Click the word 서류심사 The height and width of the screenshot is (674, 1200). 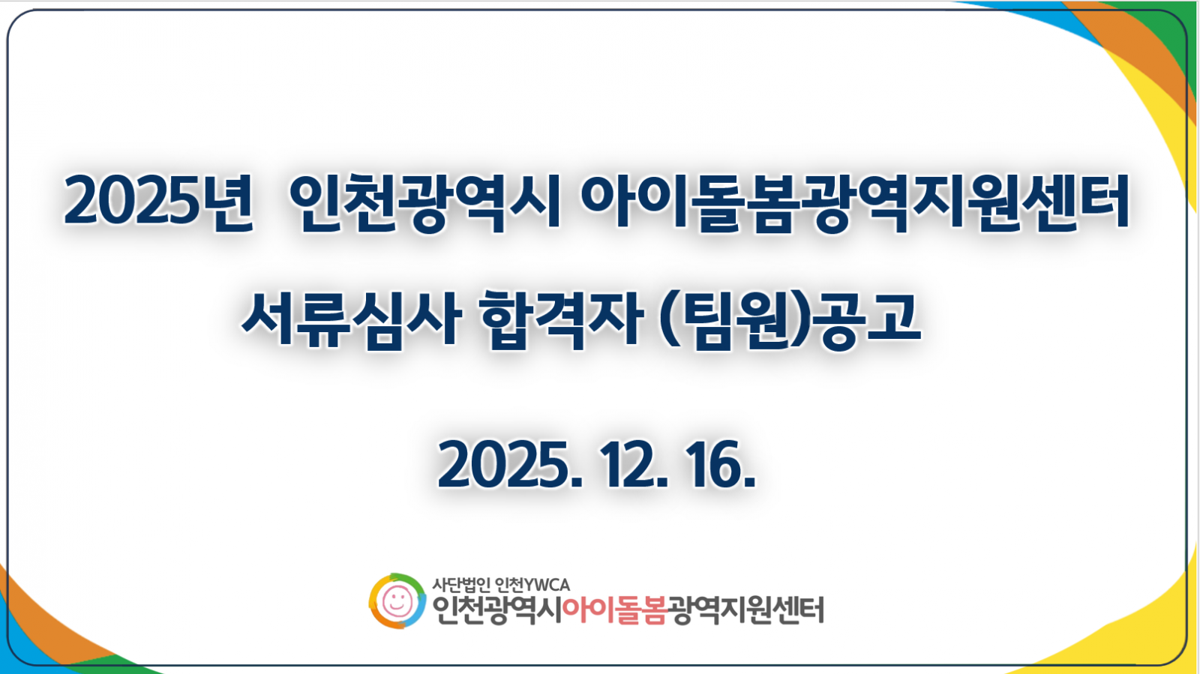coord(351,320)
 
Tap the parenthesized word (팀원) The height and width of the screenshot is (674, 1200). coord(736,320)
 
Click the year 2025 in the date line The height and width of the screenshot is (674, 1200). coord(509,465)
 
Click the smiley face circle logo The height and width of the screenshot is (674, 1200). coord(397,601)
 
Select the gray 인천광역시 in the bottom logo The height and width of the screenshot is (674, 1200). coord(497,610)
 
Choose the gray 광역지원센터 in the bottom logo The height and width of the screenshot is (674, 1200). coord(745,610)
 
